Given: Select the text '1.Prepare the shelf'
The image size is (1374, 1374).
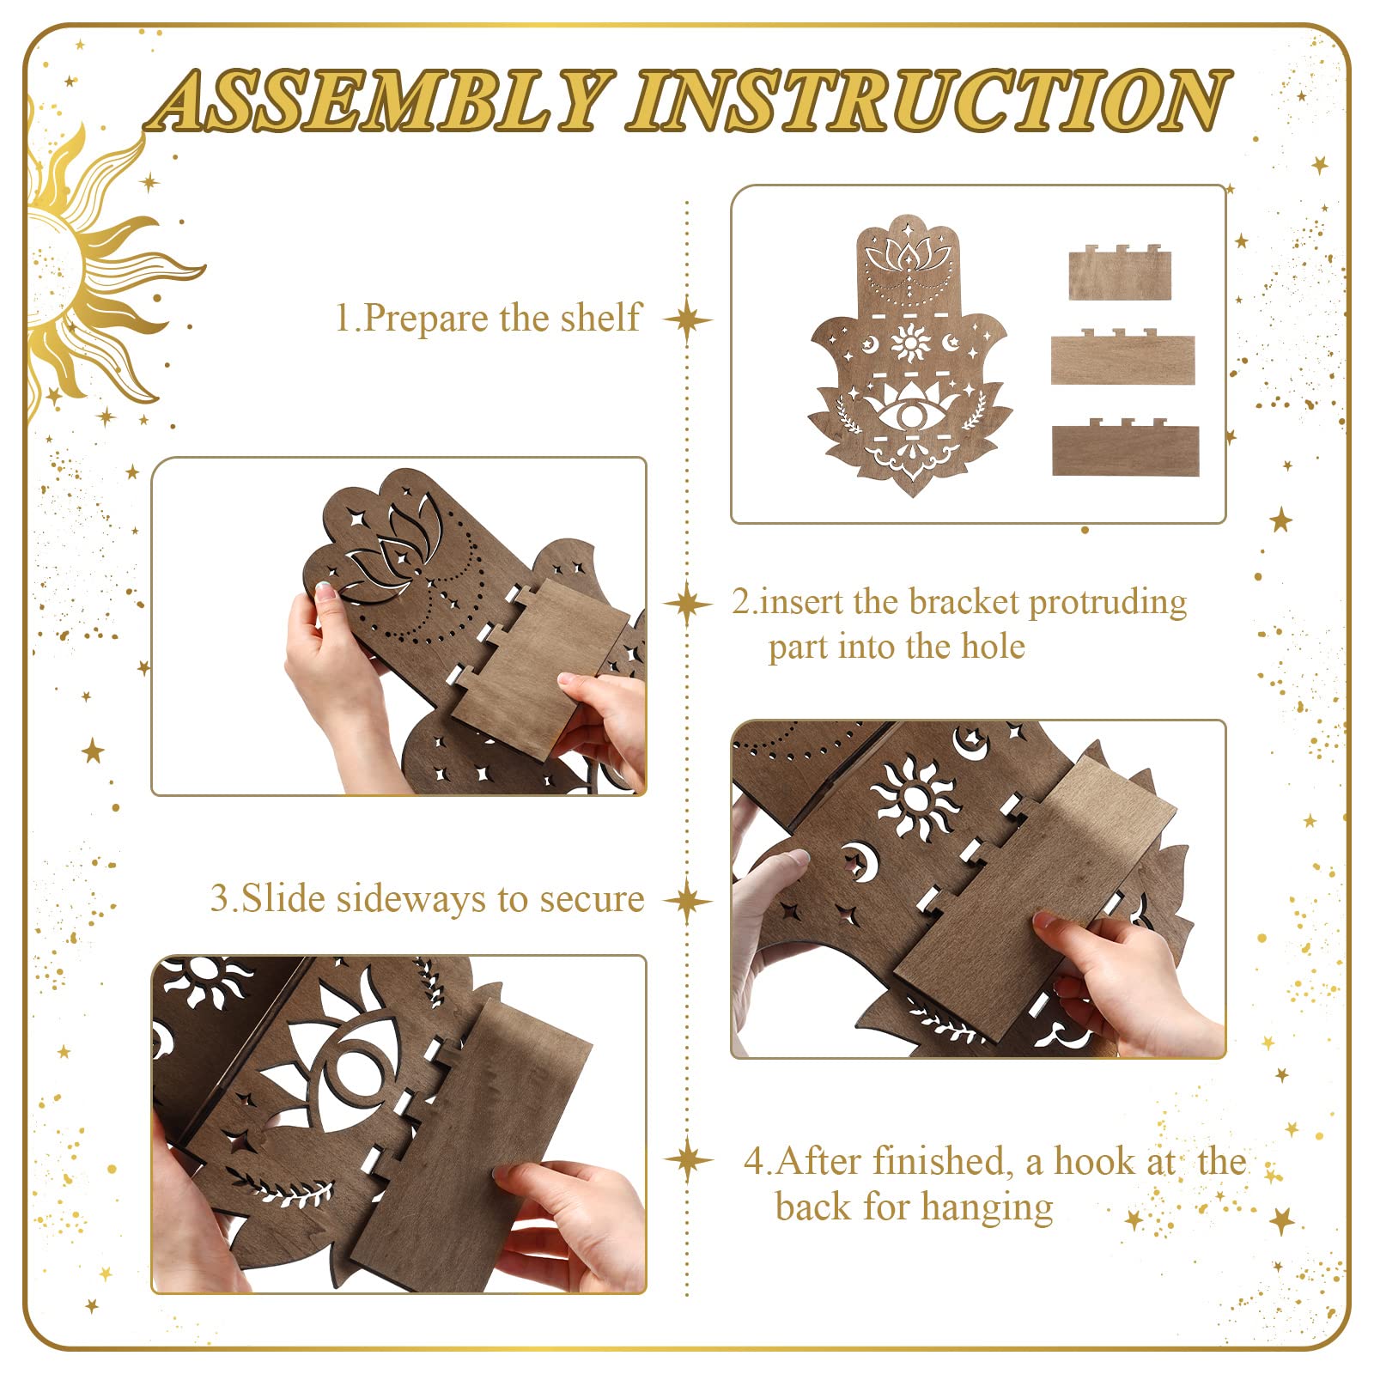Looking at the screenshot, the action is [x=488, y=318].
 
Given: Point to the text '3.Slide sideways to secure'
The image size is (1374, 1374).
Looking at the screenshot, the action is [x=427, y=899].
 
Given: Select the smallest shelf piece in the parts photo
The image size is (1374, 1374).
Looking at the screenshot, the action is [x=1120, y=272].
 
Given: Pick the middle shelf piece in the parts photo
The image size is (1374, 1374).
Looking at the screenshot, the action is [x=1122, y=356].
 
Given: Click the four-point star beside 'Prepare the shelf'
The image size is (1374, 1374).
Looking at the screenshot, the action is [x=687, y=320].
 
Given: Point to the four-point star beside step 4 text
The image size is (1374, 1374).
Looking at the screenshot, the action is [x=688, y=1161].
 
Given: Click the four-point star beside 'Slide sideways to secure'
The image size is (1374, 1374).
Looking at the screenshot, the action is [x=687, y=901].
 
